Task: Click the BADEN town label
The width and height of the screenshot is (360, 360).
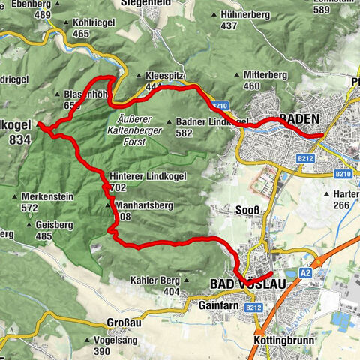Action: [x=299, y=118]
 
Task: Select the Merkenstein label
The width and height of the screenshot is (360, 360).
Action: [x=46, y=196]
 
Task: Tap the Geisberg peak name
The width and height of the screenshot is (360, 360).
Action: [x=53, y=224]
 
